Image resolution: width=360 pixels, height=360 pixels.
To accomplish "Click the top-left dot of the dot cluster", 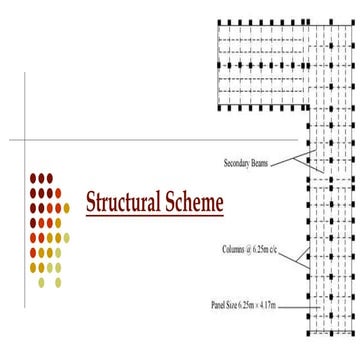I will pyautogui.click(x=33, y=178).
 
